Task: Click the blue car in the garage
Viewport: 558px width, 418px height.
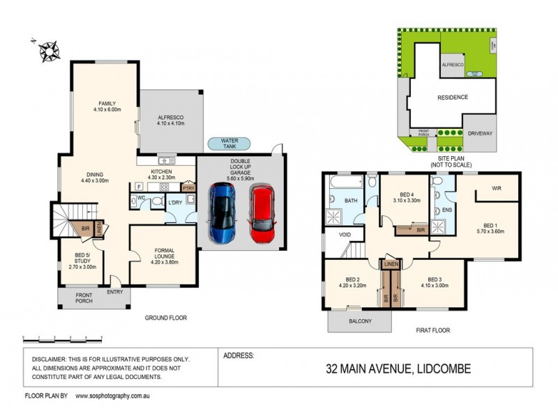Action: (x=223, y=212)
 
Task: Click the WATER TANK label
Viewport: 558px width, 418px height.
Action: (x=229, y=144)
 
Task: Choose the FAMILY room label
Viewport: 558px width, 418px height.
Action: (x=107, y=105)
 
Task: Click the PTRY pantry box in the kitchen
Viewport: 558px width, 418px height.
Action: (x=188, y=187)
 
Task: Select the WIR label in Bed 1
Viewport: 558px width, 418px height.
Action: (x=497, y=188)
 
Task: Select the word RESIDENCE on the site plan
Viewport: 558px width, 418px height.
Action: (x=452, y=97)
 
